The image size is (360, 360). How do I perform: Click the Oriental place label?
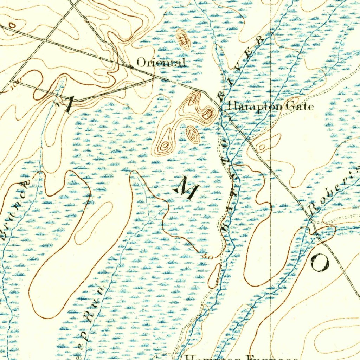coord(160,63)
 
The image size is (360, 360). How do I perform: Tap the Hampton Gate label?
coord(270,106)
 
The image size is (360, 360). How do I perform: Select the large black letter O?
coord(320,262)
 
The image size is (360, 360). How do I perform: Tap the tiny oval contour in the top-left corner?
coord(12,25)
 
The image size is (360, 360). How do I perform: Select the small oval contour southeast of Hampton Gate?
coord(262,147)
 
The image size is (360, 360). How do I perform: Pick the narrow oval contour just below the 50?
coord(214,275)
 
